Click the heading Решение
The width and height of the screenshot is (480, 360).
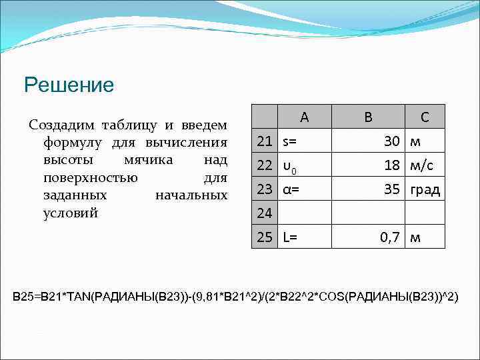(x=69, y=85)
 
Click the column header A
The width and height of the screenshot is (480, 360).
(x=304, y=117)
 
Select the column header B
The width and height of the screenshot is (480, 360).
(x=367, y=117)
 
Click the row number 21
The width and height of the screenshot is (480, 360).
(x=265, y=141)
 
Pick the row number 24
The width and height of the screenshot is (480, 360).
(x=265, y=213)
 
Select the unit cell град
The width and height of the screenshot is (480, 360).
(x=425, y=189)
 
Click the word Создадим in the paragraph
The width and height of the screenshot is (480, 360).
(x=57, y=125)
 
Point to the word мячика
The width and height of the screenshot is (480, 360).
(x=148, y=160)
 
